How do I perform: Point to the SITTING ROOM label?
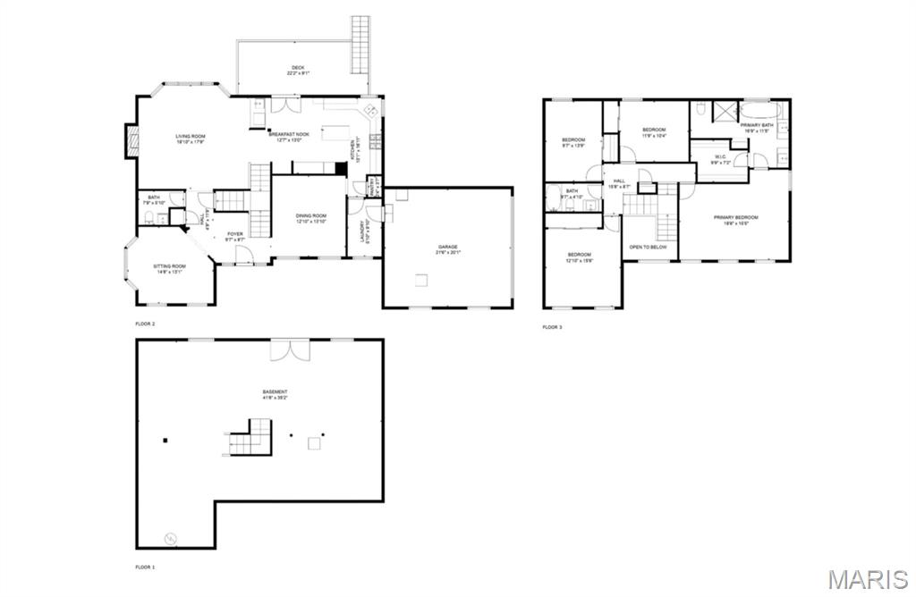point(169,268)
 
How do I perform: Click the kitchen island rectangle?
point(336,132)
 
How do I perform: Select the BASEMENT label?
point(275,394)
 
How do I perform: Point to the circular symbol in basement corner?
point(170,538)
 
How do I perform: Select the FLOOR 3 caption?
point(552,327)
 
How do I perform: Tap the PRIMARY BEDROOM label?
point(735,220)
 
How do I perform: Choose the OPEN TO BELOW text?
point(649,247)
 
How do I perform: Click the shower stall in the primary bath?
point(723,112)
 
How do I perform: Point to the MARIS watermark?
point(867,578)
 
